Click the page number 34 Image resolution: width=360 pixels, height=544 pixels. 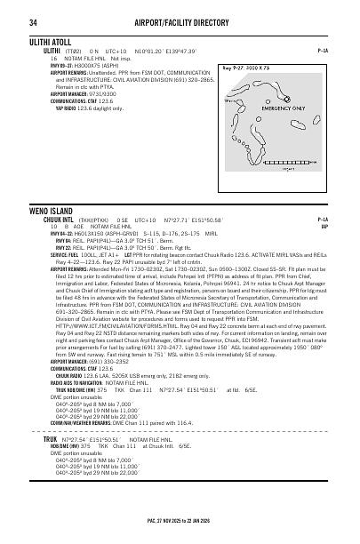(x=34, y=22)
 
